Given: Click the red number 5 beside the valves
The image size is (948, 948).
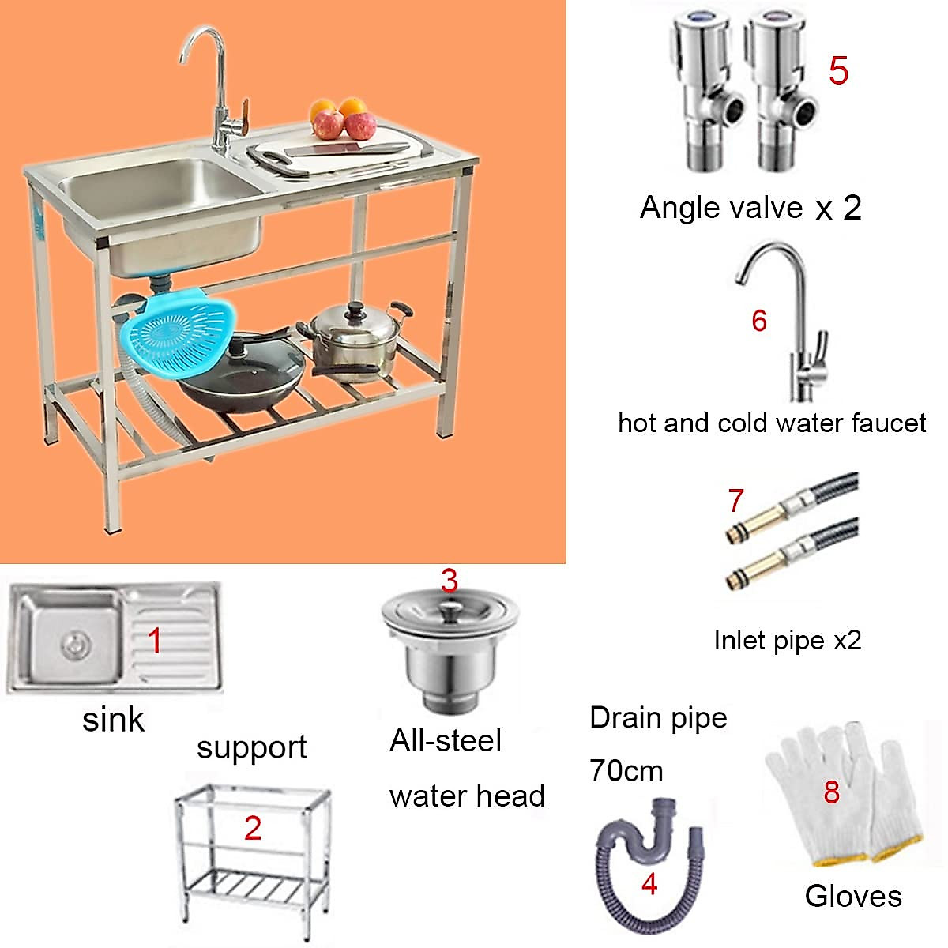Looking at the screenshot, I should pyautogui.click(x=838, y=70).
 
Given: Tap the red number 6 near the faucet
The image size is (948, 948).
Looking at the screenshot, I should pyautogui.click(x=759, y=321).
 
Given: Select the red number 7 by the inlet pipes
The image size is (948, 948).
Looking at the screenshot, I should pyautogui.click(x=735, y=500).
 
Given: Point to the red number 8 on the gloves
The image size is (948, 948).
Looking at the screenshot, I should pyautogui.click(x=831, y=792).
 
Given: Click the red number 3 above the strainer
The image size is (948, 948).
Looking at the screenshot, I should pyautogui.click(x=449, y=581).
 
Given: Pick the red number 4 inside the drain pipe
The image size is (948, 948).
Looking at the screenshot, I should pyautogui.click(x=649, y=884).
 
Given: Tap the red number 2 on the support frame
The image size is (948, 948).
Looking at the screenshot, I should pyautogui.click(x=253, y=828).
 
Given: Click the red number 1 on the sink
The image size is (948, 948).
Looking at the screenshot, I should pyautogui.click(x=155, y=640).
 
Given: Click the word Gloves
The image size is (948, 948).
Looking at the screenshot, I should pyautogui.click(x=853, y=896).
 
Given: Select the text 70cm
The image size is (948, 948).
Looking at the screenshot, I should pyautogui.click(x=626, y=770).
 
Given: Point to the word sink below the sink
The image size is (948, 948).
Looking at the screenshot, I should pyautogui.click(x=114, y=720).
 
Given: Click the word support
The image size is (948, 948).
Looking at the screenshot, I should pyautogui.click(x=251, y=747).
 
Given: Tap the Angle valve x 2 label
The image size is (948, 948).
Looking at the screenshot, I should pyautogui.click(x=750, y=208).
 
